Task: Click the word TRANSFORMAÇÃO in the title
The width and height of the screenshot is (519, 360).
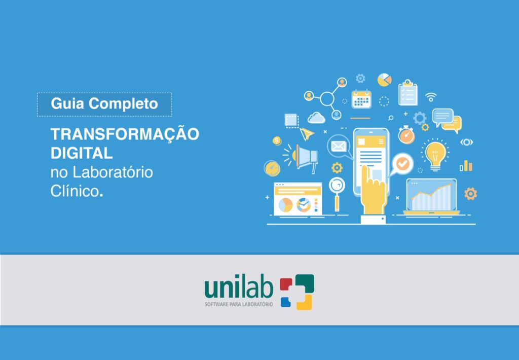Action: point(124,134)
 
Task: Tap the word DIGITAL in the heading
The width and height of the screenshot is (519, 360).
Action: point(81,153)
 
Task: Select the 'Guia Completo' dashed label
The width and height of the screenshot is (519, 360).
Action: point(104,104)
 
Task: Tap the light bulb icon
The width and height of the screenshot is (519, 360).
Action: point(434,154)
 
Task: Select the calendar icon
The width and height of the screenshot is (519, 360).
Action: point(361,99)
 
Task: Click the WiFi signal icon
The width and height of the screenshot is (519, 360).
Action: point(431,96)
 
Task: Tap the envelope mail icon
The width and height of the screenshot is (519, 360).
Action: point(338,147)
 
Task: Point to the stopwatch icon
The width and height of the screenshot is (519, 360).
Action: point(406,134)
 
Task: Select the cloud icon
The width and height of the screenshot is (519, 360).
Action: point(316,118)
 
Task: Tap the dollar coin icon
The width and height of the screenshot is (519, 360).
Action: point(277,140)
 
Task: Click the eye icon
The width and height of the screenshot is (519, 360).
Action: point(466,142)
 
